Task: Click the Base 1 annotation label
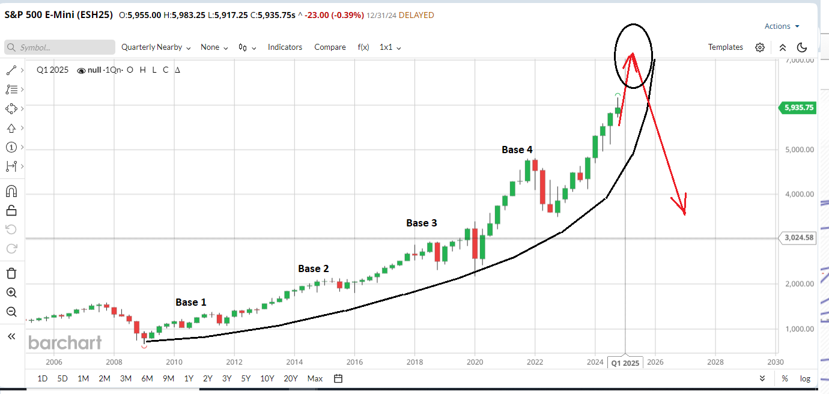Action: click(x=190, y=302)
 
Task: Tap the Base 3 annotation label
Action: click(x=421, y=223)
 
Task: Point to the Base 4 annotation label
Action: click(x=517, y=150)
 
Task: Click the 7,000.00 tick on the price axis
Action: click(x=798, y=60)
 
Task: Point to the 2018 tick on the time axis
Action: click(x=415, y=362)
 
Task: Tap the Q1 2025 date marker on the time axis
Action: click(x=625, y=363)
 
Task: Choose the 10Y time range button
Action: click(x=267, y=378)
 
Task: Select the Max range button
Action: click(x=315, y=378)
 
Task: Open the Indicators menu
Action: click(x=285, y=47)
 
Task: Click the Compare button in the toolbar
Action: click(x=330, y=47)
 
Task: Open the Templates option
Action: click(x=725, y=47)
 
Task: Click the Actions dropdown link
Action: click(x=782, y=26)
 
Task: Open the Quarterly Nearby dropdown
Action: click(x=156, y=47)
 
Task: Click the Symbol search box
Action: click(x=60, y=47)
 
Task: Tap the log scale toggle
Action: click(x=805, y=378)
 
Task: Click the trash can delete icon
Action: click(x=11, y=273)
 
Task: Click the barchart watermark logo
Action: click(x=65, y=342)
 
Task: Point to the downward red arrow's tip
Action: click(x=684, y=213)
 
